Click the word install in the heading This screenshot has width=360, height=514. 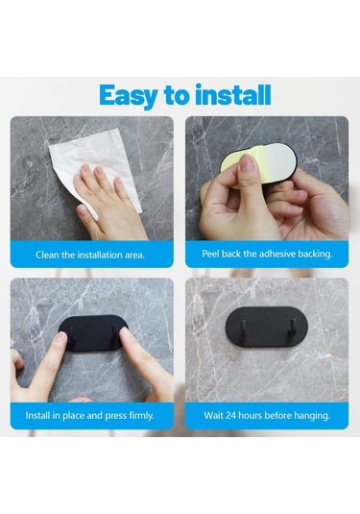tap(233, 95)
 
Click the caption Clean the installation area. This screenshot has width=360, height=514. tap(90, 255)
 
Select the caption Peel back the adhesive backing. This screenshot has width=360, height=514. tap(267, 254)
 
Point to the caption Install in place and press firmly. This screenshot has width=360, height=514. tap(89, 416)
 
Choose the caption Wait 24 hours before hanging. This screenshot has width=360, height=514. tap(267, 416)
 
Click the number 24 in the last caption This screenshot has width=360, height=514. tap(230, 416)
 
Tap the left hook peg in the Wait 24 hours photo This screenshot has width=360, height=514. tap(244, 328)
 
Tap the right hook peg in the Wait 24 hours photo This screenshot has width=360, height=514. tap(290, 329)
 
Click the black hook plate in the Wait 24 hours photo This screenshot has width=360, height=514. tap(267, 327)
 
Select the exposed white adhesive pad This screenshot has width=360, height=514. tap(277, 162)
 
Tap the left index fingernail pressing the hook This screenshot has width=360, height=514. tap(60, 337)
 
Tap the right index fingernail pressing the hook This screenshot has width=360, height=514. tap(125, 334)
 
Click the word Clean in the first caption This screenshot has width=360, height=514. tap(47, 255)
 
